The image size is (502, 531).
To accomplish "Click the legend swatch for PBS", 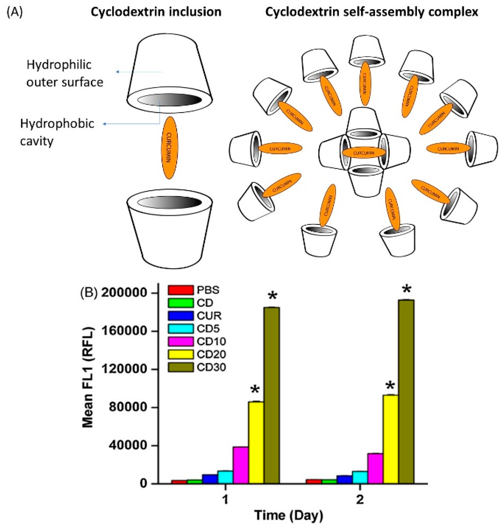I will tap(181, 290).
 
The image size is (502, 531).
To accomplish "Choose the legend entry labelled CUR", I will tap(209, 316).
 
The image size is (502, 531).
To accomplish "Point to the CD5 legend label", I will tap(209, 329).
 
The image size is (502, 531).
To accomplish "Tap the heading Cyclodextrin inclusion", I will tap(156, 12).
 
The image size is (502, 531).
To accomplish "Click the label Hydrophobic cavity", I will tap(57, 132).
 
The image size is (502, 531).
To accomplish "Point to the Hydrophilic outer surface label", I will tap(64, 73).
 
